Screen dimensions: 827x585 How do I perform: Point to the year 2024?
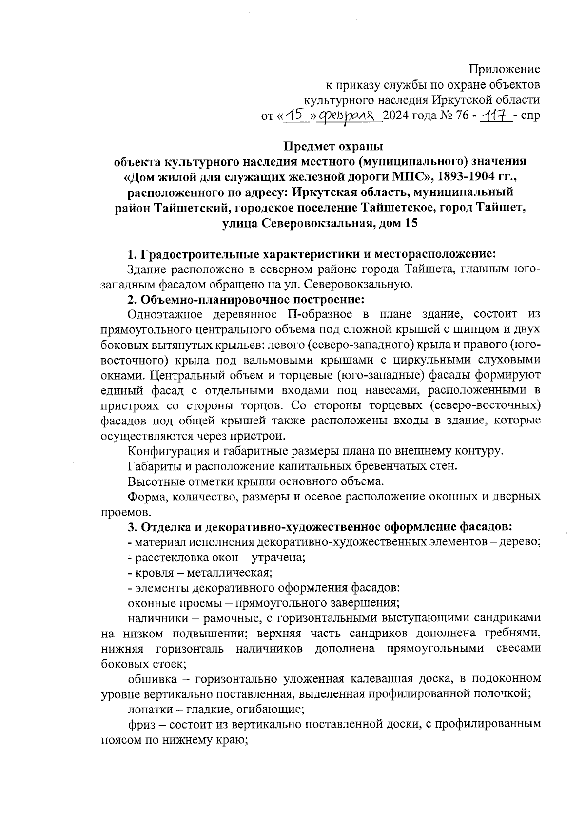pos(399,116)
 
